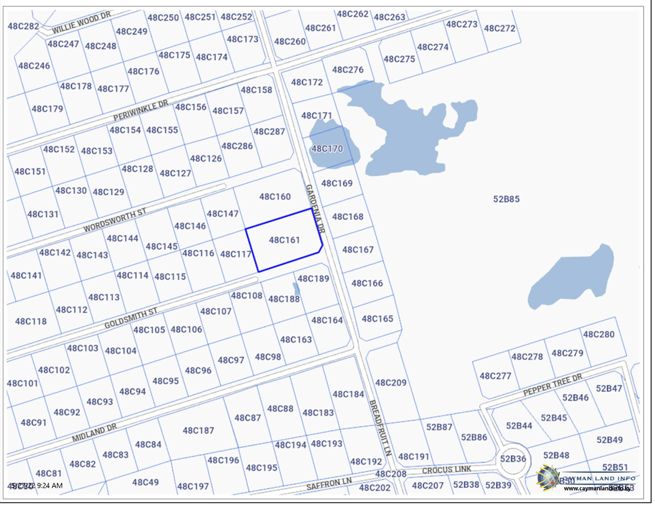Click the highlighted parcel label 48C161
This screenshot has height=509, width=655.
point(285,240)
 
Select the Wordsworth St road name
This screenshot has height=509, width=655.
point(115,221)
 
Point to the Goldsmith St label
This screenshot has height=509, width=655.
point(131,318)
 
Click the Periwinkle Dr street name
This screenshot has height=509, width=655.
point(141,110)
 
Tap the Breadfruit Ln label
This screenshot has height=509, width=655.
point(381,428)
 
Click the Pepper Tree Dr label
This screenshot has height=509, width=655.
point(553,385)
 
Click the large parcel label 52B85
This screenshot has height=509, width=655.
point(506,199)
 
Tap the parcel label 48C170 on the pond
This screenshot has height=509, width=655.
point(327,149)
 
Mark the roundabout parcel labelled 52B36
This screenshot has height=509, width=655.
point(513,459)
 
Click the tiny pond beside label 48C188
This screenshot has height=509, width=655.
point(296,288)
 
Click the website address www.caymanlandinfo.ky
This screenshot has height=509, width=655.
point(597,489)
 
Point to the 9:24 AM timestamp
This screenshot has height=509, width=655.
point(50,486)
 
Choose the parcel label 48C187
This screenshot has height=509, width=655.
point(198,431)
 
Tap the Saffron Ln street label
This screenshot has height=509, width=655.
point(329,483)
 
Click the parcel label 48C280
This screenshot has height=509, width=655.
point(598,334)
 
